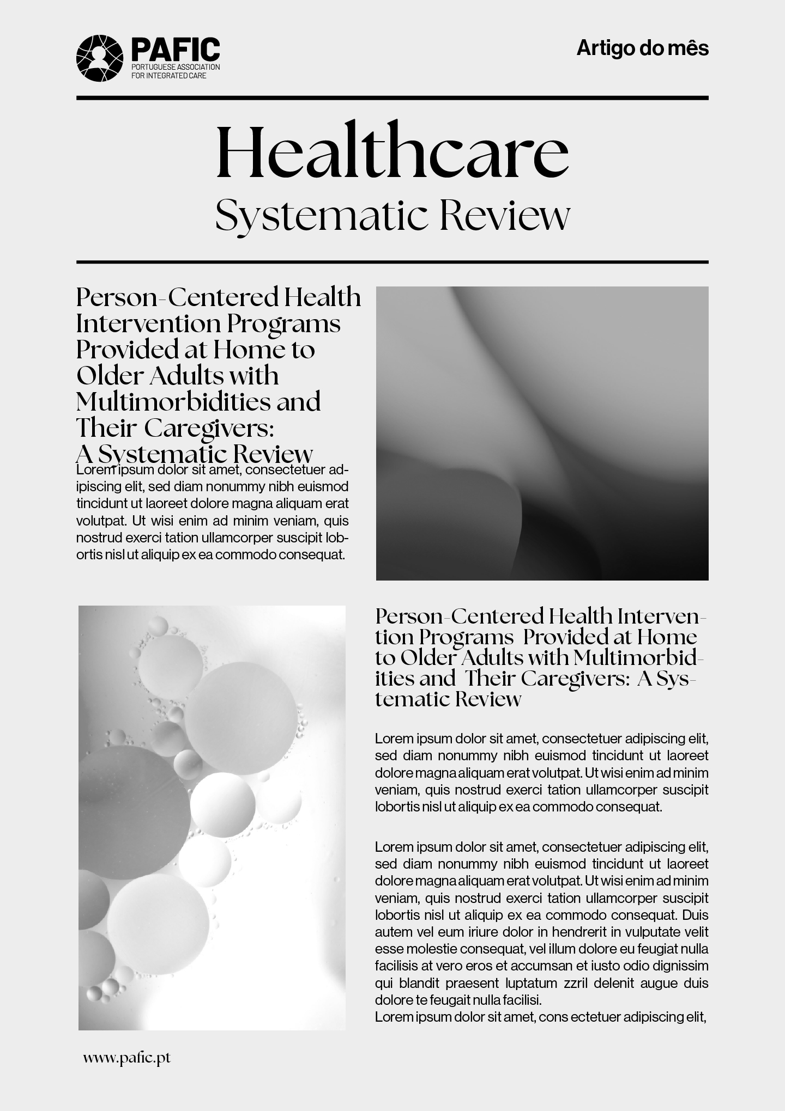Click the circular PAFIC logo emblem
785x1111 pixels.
(x=100, y=58)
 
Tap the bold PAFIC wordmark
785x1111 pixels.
(x=175, y=50)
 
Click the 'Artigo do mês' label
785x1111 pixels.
(x=643, y=48)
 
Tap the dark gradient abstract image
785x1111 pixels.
(x=542, y=433)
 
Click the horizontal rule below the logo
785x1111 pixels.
(x=392, y=98)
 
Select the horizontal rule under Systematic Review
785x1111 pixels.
(x=392, y=262)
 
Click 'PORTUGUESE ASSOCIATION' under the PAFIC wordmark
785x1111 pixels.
(x=176, y=67)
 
